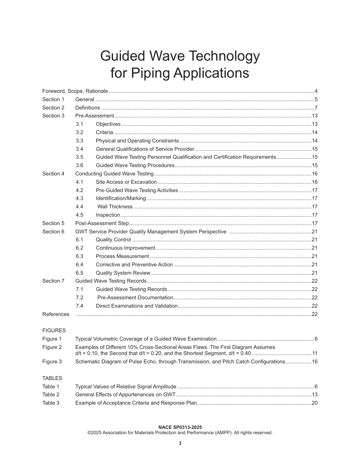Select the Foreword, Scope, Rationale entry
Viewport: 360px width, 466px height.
(75, 91)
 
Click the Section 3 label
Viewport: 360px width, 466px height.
(53, 116)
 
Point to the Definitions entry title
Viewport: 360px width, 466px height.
(88, 108)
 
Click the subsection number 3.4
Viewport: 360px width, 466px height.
(79, 149)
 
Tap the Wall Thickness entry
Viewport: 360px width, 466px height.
(115, 207)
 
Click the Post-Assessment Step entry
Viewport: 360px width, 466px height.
(102, 224)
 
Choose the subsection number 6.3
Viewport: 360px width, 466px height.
(79, 256)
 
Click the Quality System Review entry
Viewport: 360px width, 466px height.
(123, 273)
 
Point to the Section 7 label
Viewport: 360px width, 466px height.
(53, 281)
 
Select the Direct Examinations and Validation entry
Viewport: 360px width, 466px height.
(136, 306)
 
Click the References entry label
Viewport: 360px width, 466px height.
(56, 314)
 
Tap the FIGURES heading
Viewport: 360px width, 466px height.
(54, 330)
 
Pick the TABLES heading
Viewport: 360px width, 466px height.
(52, 378)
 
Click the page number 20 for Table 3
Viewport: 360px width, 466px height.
(314, 403)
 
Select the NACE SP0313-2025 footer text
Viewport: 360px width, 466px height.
(180, 427)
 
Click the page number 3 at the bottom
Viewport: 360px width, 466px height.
(180, 444)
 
